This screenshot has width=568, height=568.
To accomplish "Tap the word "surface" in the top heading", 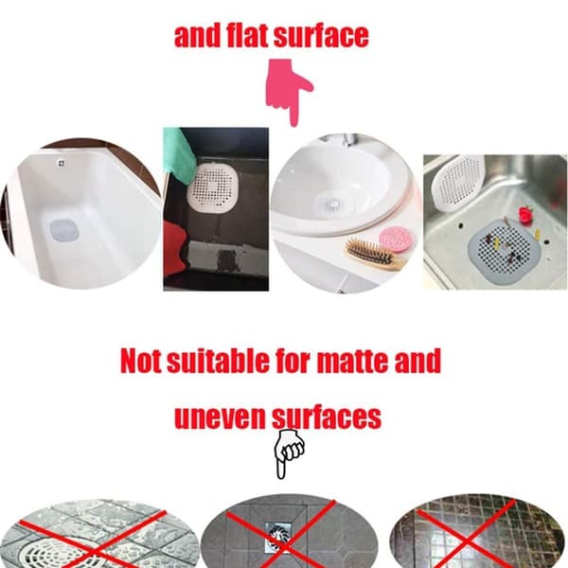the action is tap(321, 36).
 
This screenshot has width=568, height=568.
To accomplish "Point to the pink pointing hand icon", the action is tap(289, 92).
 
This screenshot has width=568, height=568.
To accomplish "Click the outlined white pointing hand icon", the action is tap(288, 453).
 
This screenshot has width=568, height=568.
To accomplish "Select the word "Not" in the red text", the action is tap(141, 362).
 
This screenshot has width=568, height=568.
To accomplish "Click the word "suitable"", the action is tap(218, 361).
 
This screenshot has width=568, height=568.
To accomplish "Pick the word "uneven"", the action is tap(220, 417).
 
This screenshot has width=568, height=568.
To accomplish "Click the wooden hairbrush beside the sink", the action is tap(374, 254).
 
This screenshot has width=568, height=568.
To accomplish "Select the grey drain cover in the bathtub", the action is tap(64, 232).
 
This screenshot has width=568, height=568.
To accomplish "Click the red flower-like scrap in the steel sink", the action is tap(526, 214).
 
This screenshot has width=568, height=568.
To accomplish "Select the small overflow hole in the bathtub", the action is tap(62, 164).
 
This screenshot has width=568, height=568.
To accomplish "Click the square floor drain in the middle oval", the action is tap(278, 537).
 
